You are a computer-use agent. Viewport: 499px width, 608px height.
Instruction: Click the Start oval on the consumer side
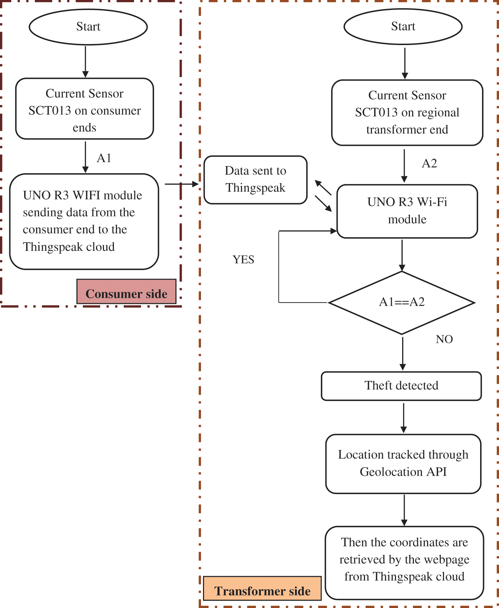88,27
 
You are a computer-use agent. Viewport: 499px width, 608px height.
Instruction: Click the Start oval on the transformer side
403,27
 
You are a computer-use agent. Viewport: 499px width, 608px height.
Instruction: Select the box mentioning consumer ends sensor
84,109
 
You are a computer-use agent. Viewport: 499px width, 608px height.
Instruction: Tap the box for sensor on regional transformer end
407,113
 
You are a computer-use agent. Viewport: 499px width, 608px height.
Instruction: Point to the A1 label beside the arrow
104,158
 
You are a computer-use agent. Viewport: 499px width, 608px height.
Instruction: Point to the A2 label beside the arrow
429,164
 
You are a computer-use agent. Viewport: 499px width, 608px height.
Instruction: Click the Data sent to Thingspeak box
255,180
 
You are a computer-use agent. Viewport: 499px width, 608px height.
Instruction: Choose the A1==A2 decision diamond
402,302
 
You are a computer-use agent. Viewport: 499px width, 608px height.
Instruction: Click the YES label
243,260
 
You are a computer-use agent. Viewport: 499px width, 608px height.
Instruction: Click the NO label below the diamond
444,339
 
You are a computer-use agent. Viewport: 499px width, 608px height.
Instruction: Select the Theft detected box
401,386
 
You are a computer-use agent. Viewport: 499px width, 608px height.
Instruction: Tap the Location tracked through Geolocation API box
403,464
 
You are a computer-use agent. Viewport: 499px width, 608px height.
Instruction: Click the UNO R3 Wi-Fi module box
407,211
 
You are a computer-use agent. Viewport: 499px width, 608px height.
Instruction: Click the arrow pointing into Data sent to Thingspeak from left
181,184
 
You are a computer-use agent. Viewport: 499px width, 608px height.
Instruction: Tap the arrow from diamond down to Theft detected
402,353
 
